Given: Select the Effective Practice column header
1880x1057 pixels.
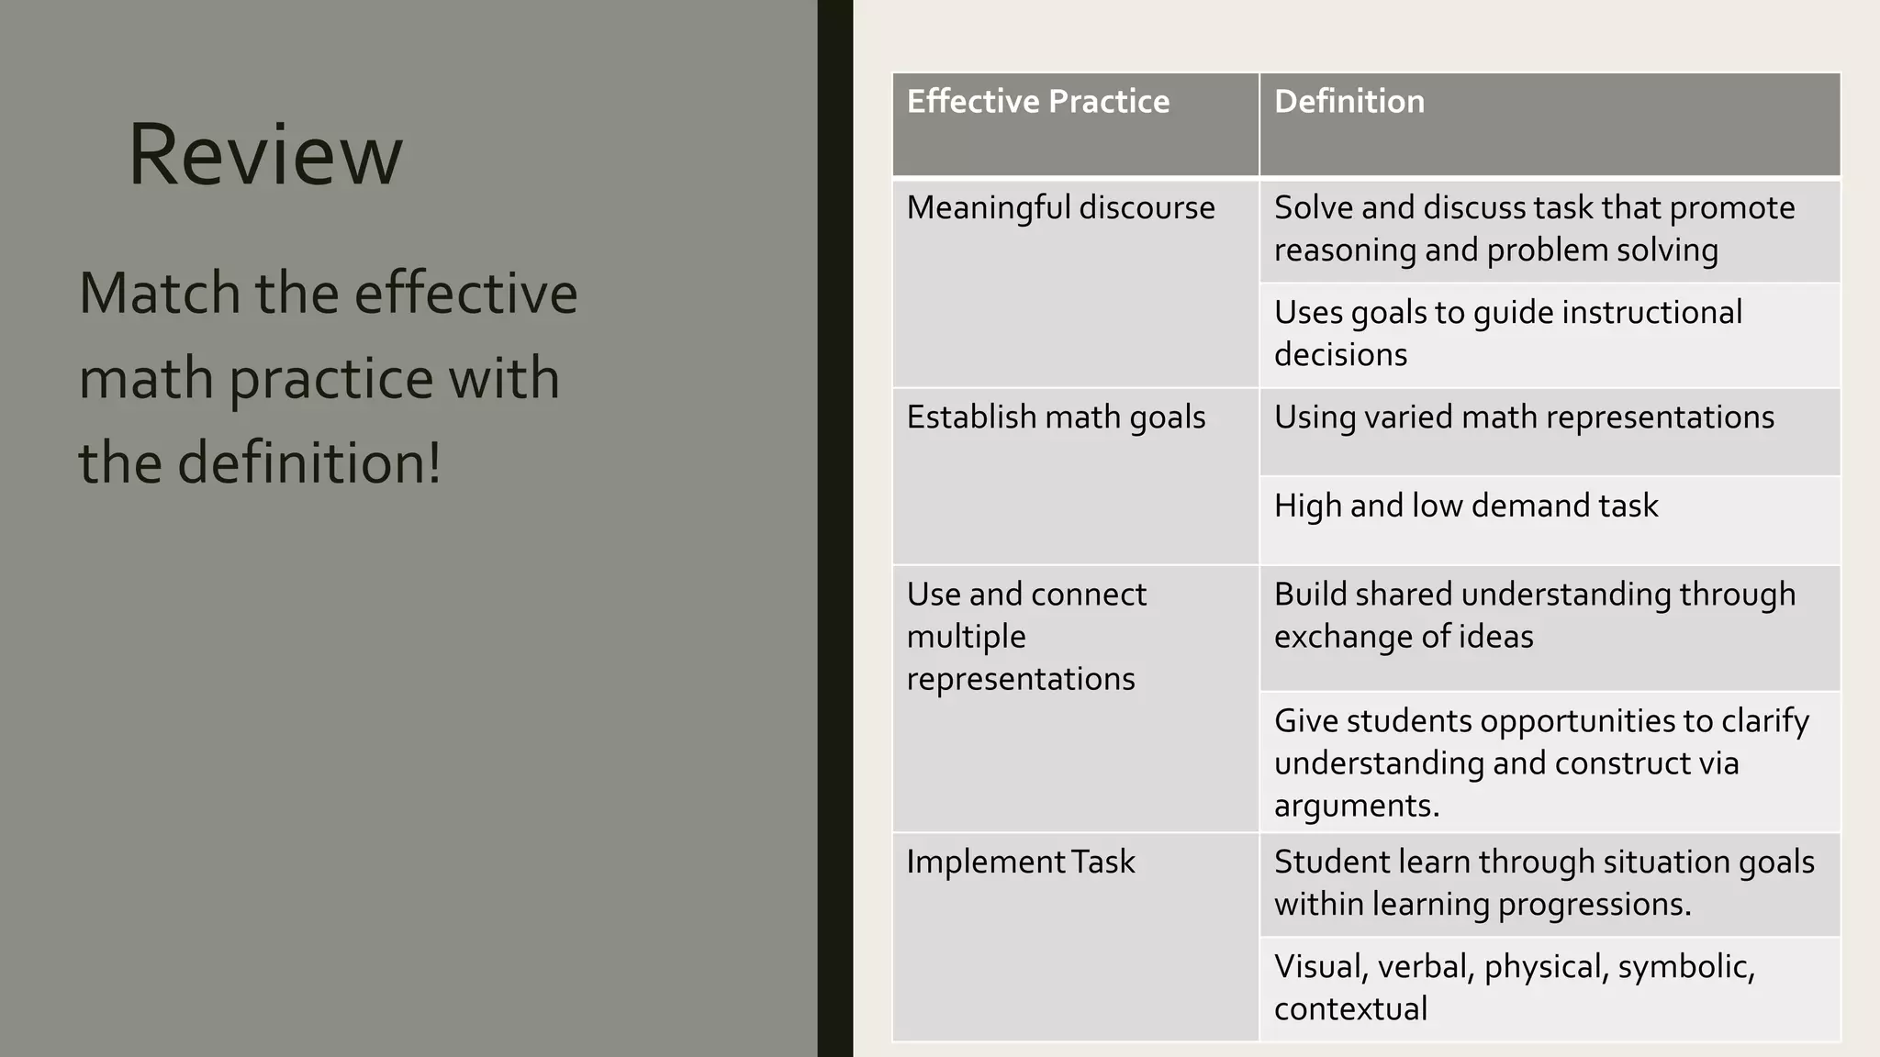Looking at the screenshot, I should coord(1037,102).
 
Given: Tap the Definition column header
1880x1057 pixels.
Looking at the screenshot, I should coord(1348,102).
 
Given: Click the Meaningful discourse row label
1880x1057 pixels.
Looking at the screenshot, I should coord(1060,208).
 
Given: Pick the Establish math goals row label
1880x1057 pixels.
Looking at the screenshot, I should coord(1056,417).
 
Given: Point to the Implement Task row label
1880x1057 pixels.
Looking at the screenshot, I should coord(1020,862).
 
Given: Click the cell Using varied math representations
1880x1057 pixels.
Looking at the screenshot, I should coord(1524,417).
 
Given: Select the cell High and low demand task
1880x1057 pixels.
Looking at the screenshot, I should coord(1466,506).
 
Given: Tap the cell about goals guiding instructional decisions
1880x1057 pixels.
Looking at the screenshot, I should coord(1507,333).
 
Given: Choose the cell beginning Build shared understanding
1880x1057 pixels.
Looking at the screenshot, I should coord(1534,615).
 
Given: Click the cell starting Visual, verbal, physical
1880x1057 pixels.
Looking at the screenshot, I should coord(1514,987).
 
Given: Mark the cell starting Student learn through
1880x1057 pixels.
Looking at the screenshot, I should coord(1543,883).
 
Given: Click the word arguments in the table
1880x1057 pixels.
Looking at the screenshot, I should coord(1356,806).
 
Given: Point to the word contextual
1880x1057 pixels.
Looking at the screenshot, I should coord(1350,1009).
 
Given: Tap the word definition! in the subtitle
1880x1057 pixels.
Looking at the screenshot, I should coord(308,462).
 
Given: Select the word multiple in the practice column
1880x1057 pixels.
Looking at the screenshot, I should coord(966,637).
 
